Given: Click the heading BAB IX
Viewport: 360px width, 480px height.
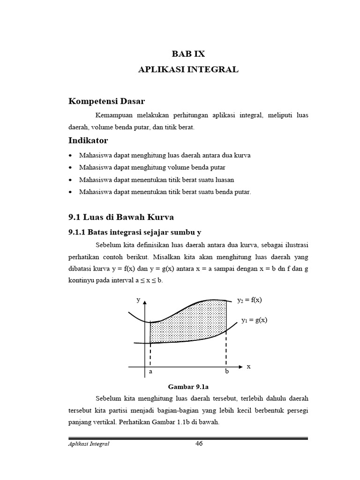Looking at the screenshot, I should click(x=188, y=54).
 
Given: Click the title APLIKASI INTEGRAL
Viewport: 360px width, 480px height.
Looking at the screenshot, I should click(x=188, y=69).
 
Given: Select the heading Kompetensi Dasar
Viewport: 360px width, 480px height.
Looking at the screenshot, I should click(x=107, y=101).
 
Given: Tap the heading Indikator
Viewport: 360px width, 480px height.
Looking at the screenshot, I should click(x=89, y=140).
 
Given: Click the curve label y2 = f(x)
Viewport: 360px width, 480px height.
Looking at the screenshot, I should click(x=250, y=300).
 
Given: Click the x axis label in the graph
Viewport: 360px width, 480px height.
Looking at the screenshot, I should click(x=249, y=366).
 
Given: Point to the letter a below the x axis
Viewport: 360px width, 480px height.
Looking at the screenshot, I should click(x=150, y=372).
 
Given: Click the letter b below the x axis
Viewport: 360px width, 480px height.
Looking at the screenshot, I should click(x=227, y=372).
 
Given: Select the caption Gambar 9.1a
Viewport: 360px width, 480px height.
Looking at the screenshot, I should click(x=187, y=387).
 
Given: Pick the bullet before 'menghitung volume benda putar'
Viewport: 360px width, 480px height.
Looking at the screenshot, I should click(x=70, y=167).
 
